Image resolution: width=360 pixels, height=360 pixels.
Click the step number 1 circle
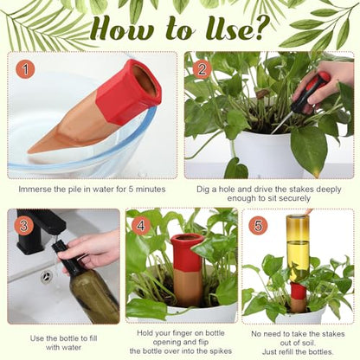[x=25, y=69]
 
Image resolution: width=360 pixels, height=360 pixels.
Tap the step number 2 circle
[x=202, y=69]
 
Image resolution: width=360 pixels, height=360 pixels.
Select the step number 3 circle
[x=23, y=225]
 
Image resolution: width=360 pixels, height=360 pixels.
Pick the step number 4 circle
[x=141, y=225]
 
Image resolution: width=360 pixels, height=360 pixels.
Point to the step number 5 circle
[x=258, y=225]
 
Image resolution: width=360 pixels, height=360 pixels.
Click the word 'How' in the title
[x=121, y=29]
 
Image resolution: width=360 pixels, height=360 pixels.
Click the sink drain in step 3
[x=47, y=277]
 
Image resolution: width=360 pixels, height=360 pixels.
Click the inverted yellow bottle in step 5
[x=298, y=248]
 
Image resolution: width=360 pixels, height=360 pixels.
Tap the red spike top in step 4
[x=187, y=253]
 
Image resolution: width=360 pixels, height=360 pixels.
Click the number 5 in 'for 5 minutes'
[x=130, y=190]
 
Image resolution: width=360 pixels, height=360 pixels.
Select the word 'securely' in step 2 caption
[x=295, y=198]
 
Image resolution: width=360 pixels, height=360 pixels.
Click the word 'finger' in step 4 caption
[x=180, y=333]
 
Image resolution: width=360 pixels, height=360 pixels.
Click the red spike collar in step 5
[x=299, y=291]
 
